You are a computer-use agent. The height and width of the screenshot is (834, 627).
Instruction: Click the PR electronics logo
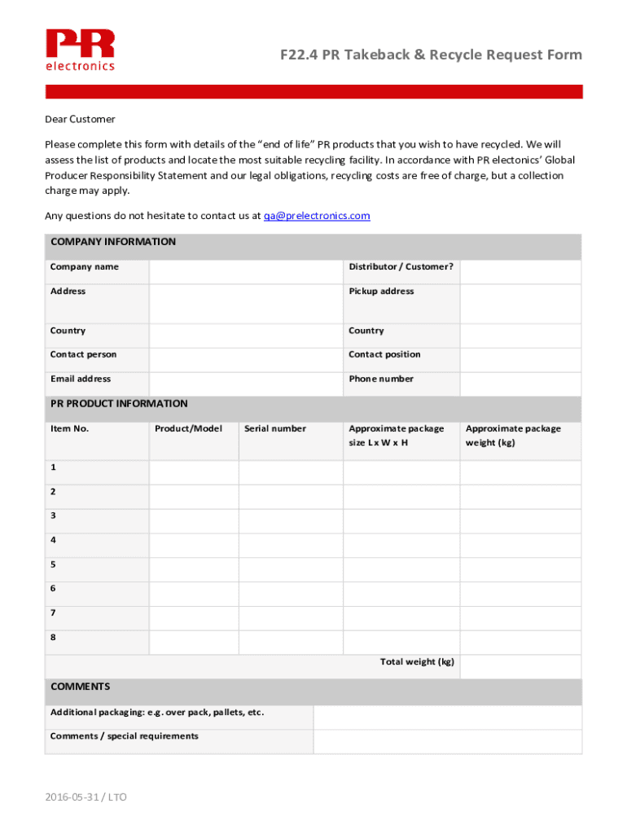[x=80, y=50]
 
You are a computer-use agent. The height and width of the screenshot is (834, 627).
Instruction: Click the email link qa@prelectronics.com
[x=317, y=216]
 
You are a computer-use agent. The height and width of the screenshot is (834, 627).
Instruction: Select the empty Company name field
[x=244, y=272]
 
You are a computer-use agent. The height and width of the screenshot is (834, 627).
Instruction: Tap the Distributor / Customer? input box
[x=520, y=272]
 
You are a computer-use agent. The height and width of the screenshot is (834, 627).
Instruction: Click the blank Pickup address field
[x=520, y=304]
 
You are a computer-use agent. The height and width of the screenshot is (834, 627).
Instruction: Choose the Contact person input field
[x=244, y=360]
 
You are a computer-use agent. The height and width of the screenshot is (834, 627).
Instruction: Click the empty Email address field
[x=244, y=384]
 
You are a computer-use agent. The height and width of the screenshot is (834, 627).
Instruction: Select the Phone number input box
[x=520, y=384]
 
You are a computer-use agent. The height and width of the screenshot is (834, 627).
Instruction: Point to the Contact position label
[x=384, y=355]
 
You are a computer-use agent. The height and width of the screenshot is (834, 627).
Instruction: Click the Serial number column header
[x=275, y=429]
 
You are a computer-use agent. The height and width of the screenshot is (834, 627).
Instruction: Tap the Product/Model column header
[x=188, y=429]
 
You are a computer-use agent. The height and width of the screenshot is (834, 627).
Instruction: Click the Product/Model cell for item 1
[x=194, y=472]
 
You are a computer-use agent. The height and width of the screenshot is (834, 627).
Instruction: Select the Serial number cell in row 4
[x=291, y=546]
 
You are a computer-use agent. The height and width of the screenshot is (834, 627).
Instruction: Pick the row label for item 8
[x=54, y=638]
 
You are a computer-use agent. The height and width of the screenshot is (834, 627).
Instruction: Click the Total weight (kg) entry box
[x=520, y=666]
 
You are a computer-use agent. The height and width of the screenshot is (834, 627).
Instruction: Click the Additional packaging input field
[x=447, y=718]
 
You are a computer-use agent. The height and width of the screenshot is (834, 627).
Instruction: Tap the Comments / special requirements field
[x=447, y=741]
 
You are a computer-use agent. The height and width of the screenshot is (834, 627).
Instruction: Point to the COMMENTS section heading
[x=81, y=687]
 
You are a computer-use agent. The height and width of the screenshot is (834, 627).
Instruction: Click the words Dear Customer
[x=80, y=120]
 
